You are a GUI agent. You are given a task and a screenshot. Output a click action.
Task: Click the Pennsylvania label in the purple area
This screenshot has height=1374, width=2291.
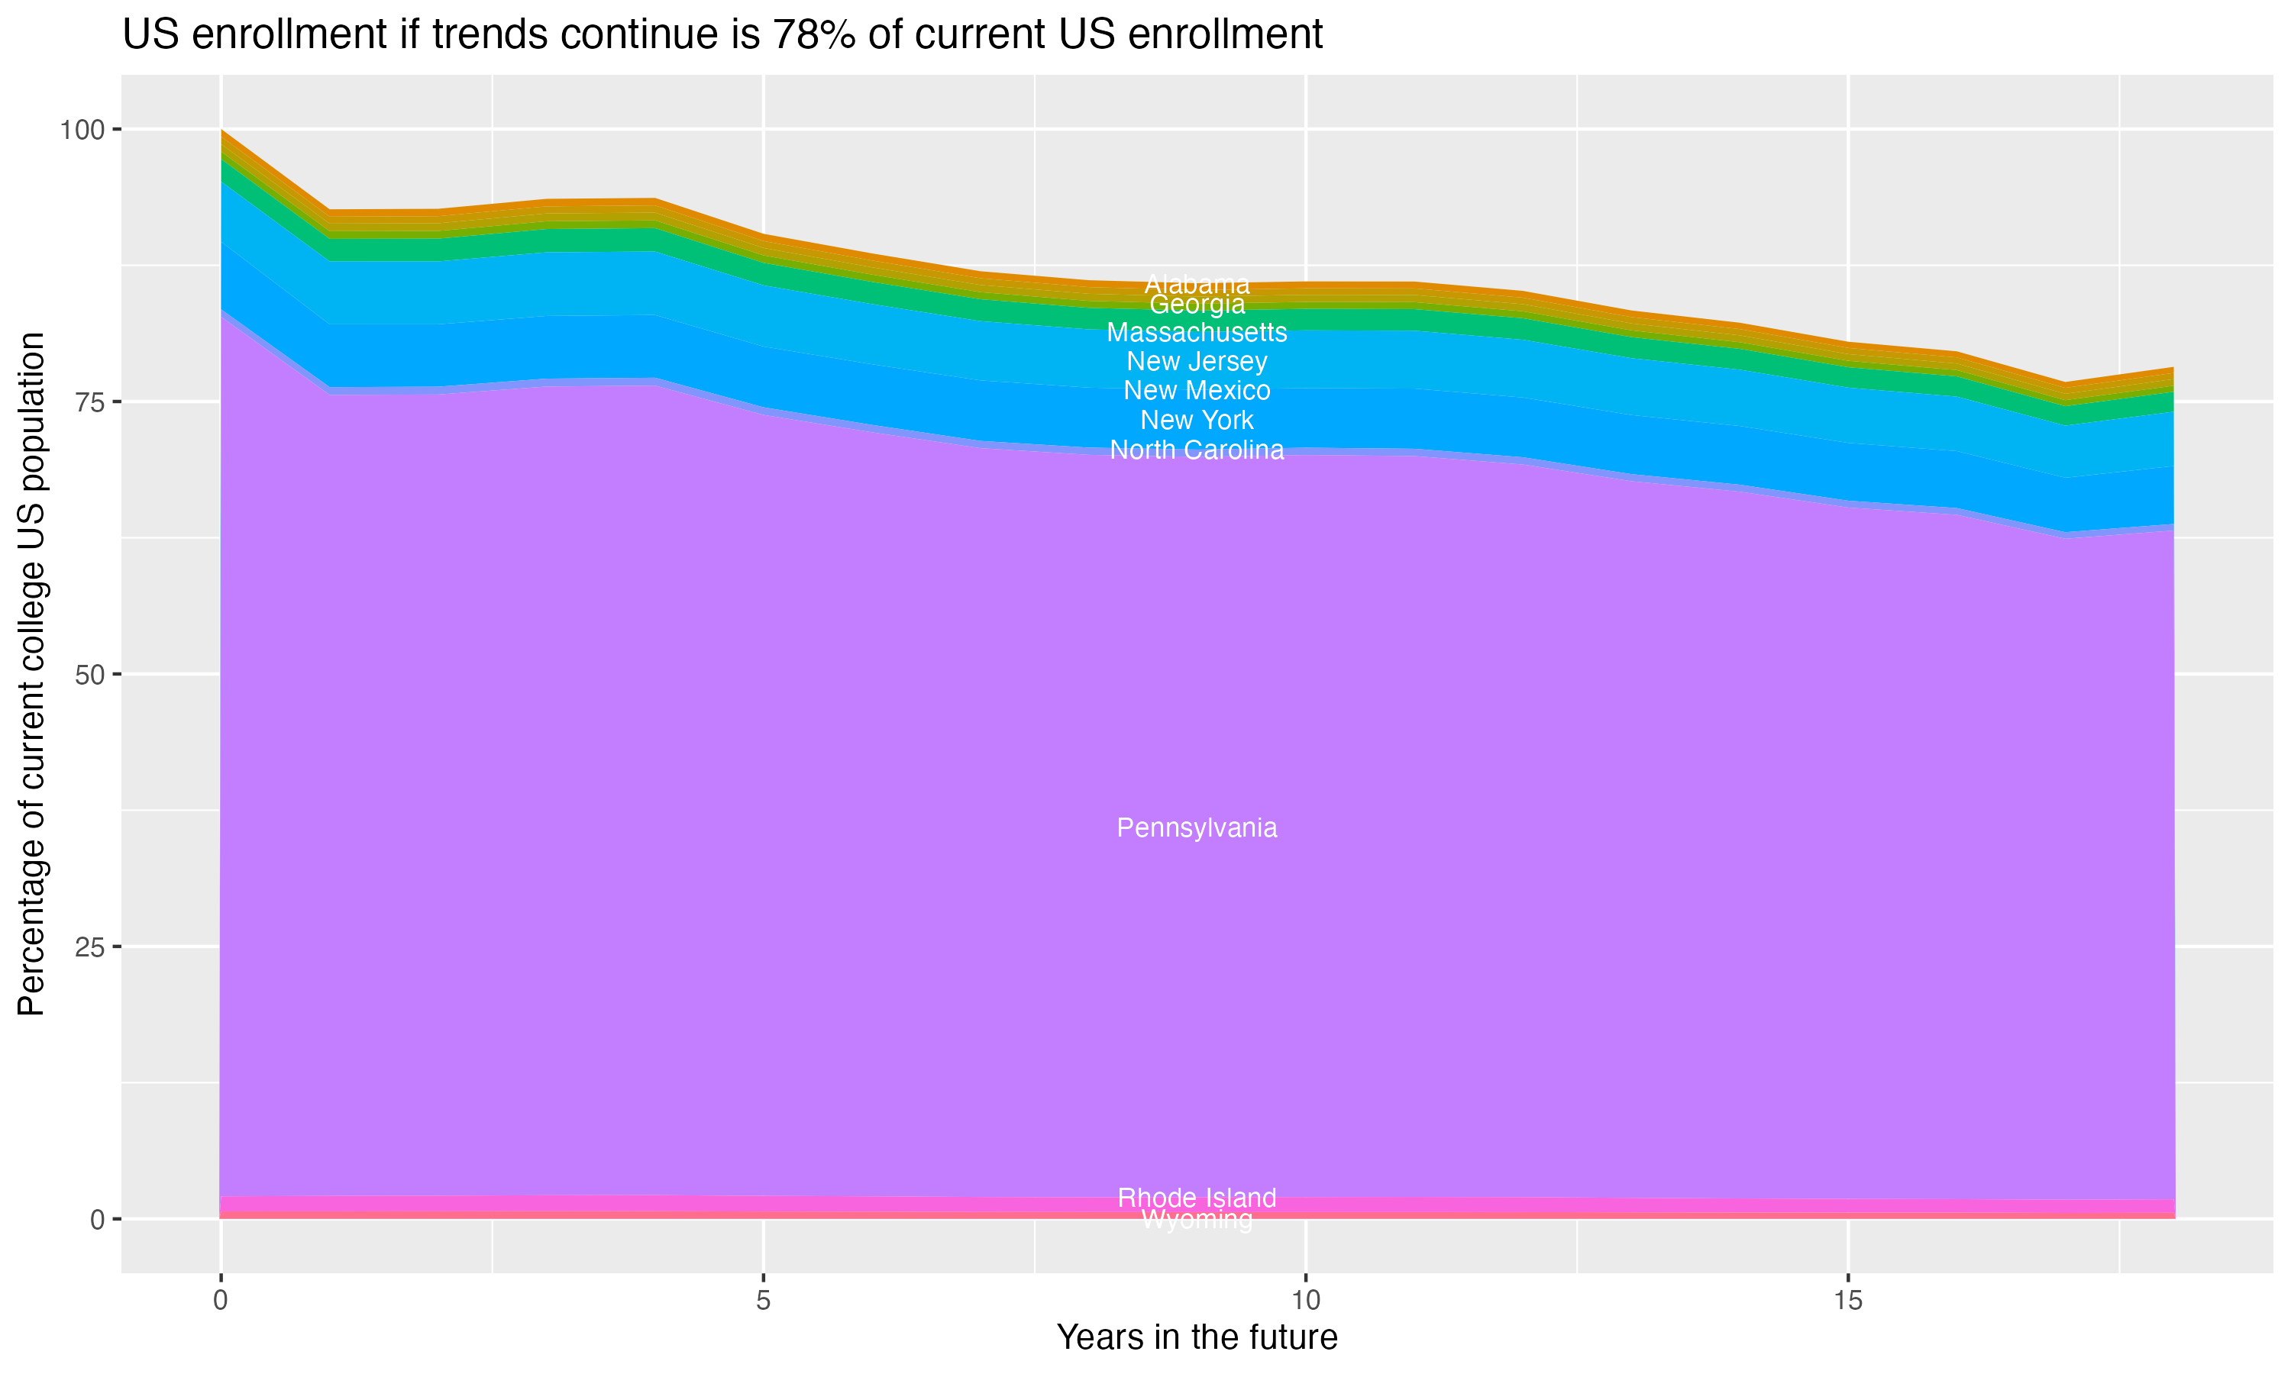point(1197,827)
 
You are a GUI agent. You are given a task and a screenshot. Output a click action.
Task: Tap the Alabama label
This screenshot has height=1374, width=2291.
point(1197,284)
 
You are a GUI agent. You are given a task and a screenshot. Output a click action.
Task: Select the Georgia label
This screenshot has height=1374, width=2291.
point(1197,305)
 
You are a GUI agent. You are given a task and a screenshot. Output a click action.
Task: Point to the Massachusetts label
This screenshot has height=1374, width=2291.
point(1197,331)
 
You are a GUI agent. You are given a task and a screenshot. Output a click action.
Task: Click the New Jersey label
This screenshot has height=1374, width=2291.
point(1197,361)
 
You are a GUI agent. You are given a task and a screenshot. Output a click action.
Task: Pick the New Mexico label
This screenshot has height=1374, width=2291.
point(1197,391)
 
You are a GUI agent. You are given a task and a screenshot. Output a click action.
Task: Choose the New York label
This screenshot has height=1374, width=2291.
point(1197,421)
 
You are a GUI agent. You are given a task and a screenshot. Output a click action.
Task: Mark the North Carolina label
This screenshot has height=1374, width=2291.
point(1197,450)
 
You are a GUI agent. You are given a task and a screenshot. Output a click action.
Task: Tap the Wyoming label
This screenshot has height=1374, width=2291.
point(1197,1221)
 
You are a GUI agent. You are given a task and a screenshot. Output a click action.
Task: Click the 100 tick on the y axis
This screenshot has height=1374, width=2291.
point(82,130)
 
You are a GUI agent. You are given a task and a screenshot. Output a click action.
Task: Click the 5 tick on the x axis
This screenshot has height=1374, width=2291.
point(763,1301)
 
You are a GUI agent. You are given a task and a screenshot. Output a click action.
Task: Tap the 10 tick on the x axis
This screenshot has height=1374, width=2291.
point(1305,1301)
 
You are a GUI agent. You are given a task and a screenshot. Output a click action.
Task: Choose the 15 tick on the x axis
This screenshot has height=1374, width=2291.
point(1847,1301)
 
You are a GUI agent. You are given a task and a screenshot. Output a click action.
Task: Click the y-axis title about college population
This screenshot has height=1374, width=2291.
point(31,674)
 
